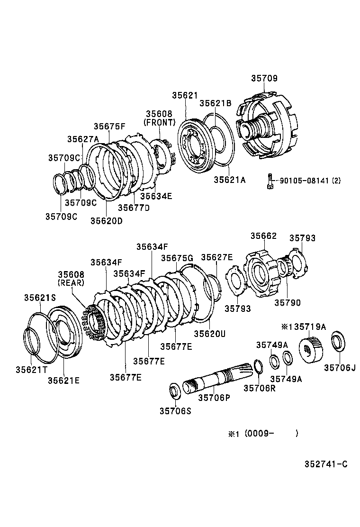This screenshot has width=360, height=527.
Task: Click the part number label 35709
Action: click(x=264, y=78)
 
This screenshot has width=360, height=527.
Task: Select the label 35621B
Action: click(x=216, y=103)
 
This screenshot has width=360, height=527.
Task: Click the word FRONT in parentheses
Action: click(x=159, y=122)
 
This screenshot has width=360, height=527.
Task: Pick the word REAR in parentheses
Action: click(x=71, y=282)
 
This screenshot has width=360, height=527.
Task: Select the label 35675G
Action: click(x=177, y=258)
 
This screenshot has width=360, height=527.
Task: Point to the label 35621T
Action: click(x=31, y=369)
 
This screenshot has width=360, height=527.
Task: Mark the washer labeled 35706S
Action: click(x=175, y=391)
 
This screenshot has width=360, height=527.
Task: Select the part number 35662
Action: click(x=263, y=236)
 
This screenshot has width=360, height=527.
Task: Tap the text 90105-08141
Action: click(x=303, y=181)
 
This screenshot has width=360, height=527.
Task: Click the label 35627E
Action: click(x=216, y=257)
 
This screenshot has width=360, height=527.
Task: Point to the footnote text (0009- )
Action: click(x=271, y=433)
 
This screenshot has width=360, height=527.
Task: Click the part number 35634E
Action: click(x=156, y=196)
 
